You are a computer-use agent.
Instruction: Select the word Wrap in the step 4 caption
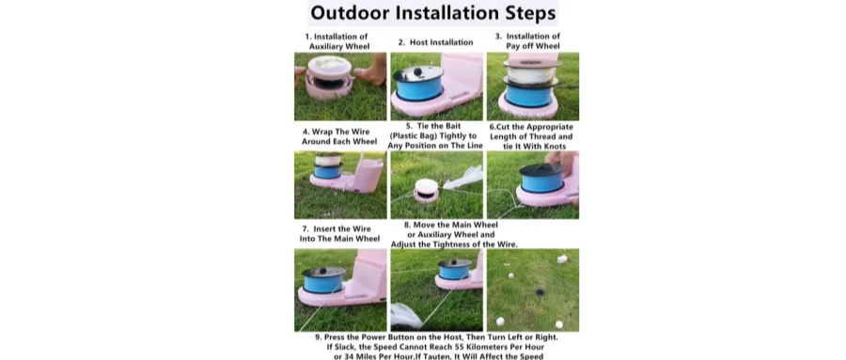(325, 132)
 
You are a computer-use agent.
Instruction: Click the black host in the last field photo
(540, 292)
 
